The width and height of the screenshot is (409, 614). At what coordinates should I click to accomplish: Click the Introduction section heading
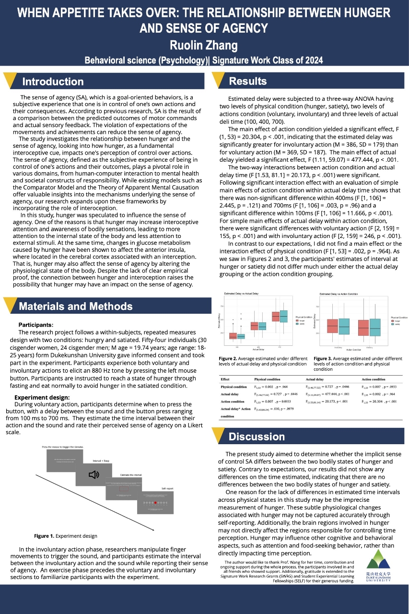[53, 82]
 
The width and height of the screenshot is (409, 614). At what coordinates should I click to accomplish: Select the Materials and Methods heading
[75, 306]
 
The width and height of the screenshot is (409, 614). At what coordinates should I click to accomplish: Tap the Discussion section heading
[257, 437]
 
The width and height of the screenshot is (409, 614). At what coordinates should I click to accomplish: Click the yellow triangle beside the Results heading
[219, 80]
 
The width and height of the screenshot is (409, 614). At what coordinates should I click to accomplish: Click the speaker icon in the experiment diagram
[94, 474]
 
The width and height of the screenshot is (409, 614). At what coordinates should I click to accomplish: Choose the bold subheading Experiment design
[42, 398]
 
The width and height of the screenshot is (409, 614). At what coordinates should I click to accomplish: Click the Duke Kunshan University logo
[378, 566]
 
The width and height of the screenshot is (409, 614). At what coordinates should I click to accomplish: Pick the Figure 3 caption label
[327, 358]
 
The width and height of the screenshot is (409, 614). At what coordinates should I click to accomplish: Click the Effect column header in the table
[225, 379]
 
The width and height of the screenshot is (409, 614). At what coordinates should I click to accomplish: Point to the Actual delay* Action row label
[235, 409]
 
